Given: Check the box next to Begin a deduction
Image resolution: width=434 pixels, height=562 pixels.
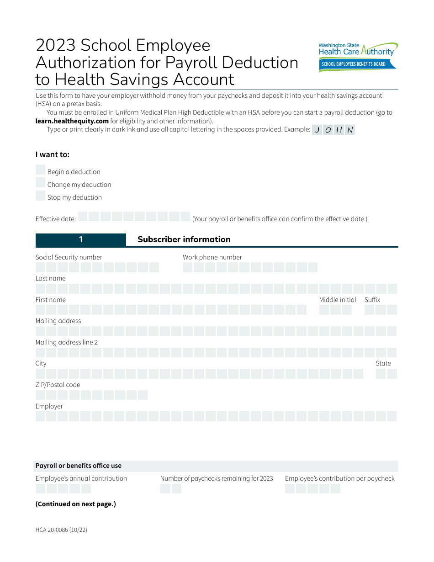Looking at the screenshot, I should [x=40, y=170].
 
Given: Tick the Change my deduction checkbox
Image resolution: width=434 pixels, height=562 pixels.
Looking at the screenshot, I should [x=40, y=183].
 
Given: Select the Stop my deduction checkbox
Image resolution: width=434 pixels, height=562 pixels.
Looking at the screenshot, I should [x=40, y=196].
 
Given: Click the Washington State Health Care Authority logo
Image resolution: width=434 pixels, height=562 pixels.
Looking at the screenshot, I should [x=358, y=57].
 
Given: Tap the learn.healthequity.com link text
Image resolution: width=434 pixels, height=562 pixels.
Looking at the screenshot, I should [x=72, y=121].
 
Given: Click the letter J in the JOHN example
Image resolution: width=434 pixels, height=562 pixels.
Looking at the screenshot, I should [x=317, y=130].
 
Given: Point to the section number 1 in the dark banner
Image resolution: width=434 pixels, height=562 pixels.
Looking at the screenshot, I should [x=81, y=240].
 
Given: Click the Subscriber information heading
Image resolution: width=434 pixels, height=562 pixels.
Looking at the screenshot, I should [x=184, y=239].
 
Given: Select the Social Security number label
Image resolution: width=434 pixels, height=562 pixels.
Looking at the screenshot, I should [x=69, y=257].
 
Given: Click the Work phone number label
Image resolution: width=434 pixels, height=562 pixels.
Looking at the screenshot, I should [x=212, y=257].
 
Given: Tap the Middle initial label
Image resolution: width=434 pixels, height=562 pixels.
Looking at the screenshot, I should [x=338, y=300].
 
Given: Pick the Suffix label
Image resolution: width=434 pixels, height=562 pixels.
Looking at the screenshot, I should [x=372, y=300].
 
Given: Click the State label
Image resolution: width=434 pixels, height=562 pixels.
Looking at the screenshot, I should [x=383, y=363].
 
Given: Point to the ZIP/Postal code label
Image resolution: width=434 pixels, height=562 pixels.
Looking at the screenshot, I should [x=58, y=385].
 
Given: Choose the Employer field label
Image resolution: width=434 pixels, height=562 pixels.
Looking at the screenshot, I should [x=49, y=406].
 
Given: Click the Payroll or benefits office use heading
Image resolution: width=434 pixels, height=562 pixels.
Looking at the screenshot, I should [x=79, y=466].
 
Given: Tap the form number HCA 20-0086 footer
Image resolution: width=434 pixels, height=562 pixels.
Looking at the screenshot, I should [x=61, y=530].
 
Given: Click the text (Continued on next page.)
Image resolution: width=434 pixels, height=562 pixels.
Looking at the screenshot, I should [x=76, y=504].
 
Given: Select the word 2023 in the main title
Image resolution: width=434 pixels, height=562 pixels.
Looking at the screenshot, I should [x=55, y=45].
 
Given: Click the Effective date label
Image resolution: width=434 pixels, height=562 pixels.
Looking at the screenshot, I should [x=56, y=219].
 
